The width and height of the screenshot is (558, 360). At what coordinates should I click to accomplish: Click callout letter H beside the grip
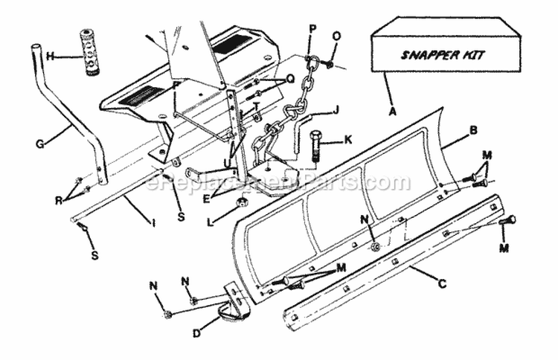pyautogui.click(x=50, y=56)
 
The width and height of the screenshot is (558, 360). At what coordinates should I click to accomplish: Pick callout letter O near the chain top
pyautogui.click(x=336, y=35)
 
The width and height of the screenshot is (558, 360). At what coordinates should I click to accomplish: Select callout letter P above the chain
pyautogui.click(x=312, y=28)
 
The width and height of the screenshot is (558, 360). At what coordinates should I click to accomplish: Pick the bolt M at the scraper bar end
pyautogui.click(x=509, y=221)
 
